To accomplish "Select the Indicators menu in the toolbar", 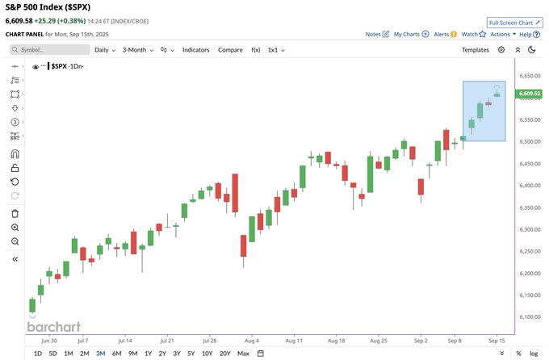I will point(195,50).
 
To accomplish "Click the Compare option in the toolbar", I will point(230,50).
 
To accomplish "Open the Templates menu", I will point(476,50).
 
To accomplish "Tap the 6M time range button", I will point(117,354).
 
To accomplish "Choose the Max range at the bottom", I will point(243,354).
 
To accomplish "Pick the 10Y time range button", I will point(207,354).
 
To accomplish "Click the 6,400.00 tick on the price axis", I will point(530,186).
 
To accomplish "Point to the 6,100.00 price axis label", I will point(530,316).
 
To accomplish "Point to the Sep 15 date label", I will point(497,341).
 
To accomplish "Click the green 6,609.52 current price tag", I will point(530,94).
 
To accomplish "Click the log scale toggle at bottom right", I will point(534,354).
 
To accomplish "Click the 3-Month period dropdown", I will point(138,50).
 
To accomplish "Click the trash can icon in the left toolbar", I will point(15,213).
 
